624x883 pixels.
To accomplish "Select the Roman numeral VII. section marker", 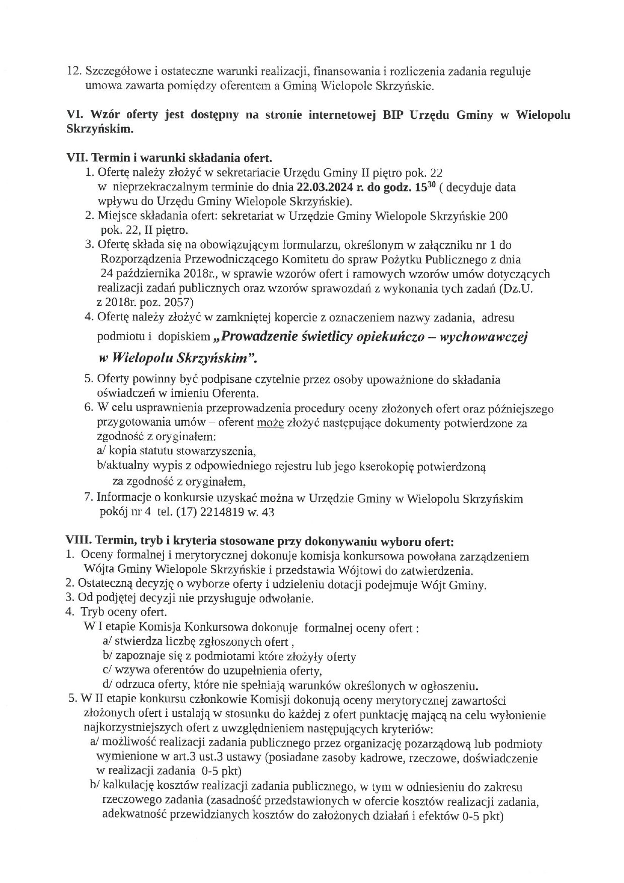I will click(76, 158).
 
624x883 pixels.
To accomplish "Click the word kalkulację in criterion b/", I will click(126, 787).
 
